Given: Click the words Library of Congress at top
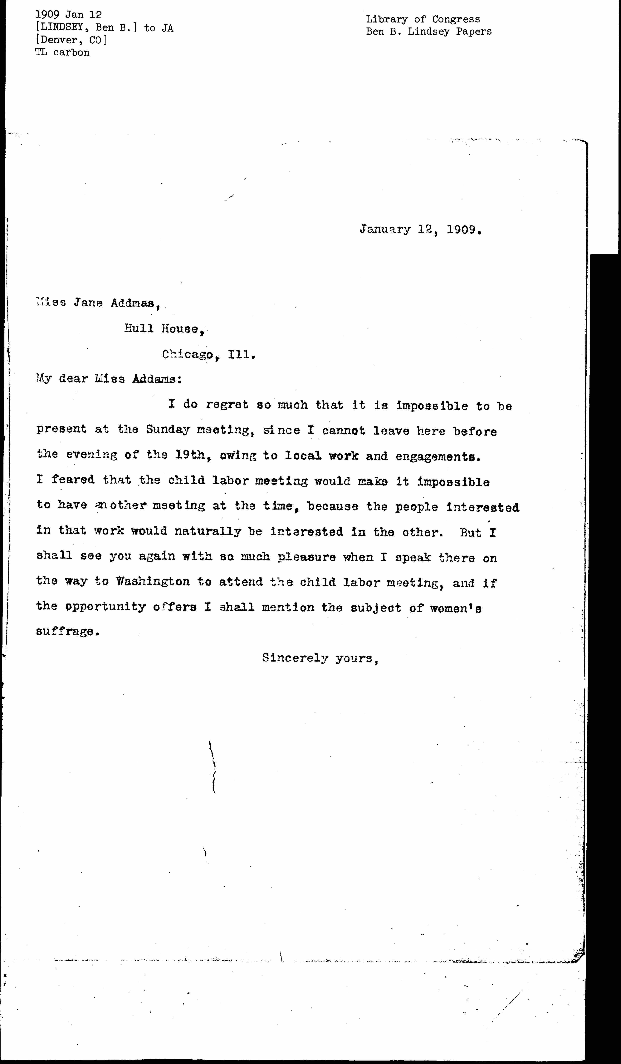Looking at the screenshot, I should point(423,19).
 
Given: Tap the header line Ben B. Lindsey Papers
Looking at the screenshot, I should point(428,31).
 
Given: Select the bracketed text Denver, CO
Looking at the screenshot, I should point(71,40).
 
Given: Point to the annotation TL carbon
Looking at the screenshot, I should point(62,52).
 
